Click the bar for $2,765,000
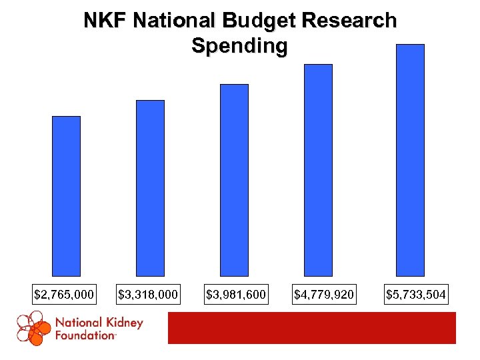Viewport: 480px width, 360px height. pyautogui.click(x=66, y=196)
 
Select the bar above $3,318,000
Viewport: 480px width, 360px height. pyautogui.click(x=150, y=188)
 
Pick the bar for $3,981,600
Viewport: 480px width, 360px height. pyautogui.click(x=234, y=180)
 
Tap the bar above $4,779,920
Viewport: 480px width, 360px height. pyautogui.click(x=318, y=170)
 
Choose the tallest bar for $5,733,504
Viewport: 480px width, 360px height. pyautogui.click(x=410, y=160)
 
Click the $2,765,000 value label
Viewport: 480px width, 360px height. pyautogui.click(x=64, y=294)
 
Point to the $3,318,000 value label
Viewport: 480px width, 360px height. pyautogui.click(x=148, y=294)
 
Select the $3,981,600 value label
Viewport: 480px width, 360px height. pyautogui.click(x=236, y=294)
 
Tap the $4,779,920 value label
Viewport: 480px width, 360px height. pyautogui.click(x=324, y=294)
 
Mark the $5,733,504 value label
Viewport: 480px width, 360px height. pyautogui.click(x=416, y=294)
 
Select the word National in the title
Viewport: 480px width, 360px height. pyautogui.click(x=175, y=21)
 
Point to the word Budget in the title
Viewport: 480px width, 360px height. pyautogui.click(x=261, y=21)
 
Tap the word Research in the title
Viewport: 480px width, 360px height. pyautogui.click(x=349, y=21)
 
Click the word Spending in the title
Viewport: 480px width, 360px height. pyautogui.click(x=239, y=46)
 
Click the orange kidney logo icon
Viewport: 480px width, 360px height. pyautogui.click(x=33, y=328)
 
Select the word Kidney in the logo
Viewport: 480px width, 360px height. pyautogui.click(x=123, y=323)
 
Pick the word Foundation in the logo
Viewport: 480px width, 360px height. pyautogui.click(x=85, y=335)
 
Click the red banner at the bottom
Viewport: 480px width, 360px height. pyautogui.click(x=311, y=328)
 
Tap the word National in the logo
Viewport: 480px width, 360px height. pyautogui.click(x=78, y=323)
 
